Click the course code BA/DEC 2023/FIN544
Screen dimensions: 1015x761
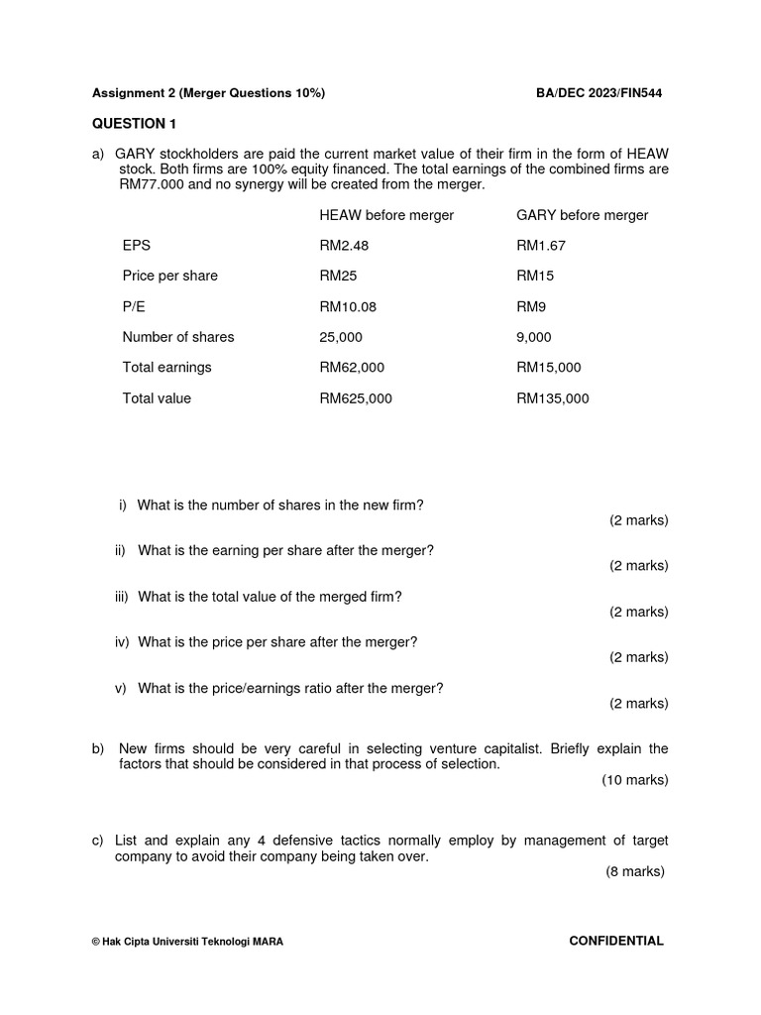click(598, 93)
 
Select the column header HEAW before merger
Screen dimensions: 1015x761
click(386, 215)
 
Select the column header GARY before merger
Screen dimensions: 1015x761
click(583, 215)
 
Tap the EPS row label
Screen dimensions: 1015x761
click(137, 246)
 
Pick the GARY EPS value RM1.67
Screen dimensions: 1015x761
click(541, 246)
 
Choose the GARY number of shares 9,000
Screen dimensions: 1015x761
click(534, 337)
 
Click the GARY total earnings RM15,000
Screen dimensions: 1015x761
click(549, 368)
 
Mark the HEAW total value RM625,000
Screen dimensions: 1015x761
click(356, 398)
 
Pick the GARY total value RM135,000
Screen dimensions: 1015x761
click(553, 398)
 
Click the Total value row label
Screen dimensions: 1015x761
click(157, 398)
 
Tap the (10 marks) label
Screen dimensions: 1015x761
click(635, 780)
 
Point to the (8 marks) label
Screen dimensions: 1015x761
click(635, 872)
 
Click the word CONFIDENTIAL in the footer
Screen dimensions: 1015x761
click(616, 941)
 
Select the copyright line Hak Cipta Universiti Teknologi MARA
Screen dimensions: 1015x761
click(187, 942)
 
